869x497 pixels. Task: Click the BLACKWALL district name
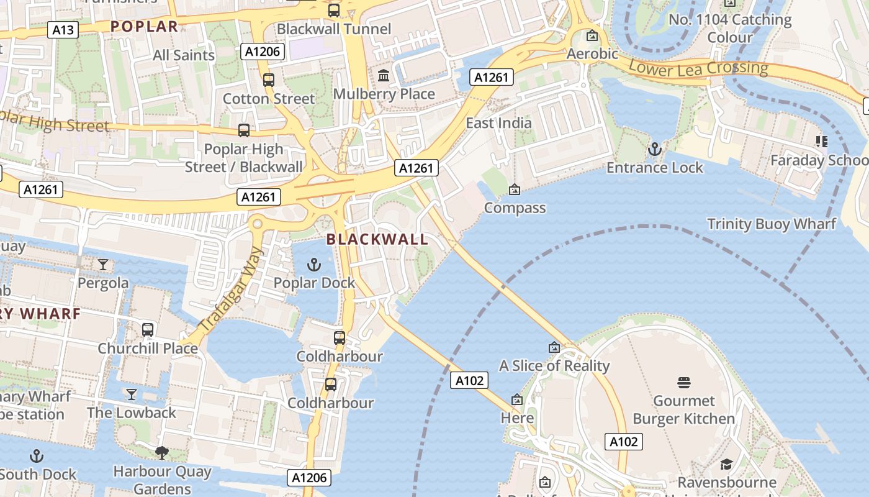click(x=377, y=239)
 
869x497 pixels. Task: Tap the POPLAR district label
click(x=145, y=26)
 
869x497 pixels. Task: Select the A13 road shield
click(x=63, y=30)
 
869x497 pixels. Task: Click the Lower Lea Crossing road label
click(x=698, y=68)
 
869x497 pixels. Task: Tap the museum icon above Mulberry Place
click(x=384, y=76)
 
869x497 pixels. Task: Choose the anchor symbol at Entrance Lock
click(x=654, y=149)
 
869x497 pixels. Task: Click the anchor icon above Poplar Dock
click(x=314, y=265)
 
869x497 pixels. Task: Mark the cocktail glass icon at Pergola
click(x=103, y=265)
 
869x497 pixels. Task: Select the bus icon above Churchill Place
click(x=148, y=330)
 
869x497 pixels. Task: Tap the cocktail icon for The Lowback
click(x=132, y=394)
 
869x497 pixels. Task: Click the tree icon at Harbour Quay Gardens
click(x=162, y=453)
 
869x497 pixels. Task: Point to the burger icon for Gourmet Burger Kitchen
click(x=684, y=382)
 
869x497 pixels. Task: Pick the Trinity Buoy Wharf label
click(x=772, y=224)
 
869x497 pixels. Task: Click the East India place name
click(x=498, y=122)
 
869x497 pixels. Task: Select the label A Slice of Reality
click(x=554, y=365)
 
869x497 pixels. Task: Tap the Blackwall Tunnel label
click(x=334, y=29)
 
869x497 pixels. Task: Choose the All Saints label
click(x=184, y=55)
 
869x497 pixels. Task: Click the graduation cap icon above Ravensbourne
click(x=726, y=464)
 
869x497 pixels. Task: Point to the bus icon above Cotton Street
click(x=269, y=80)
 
